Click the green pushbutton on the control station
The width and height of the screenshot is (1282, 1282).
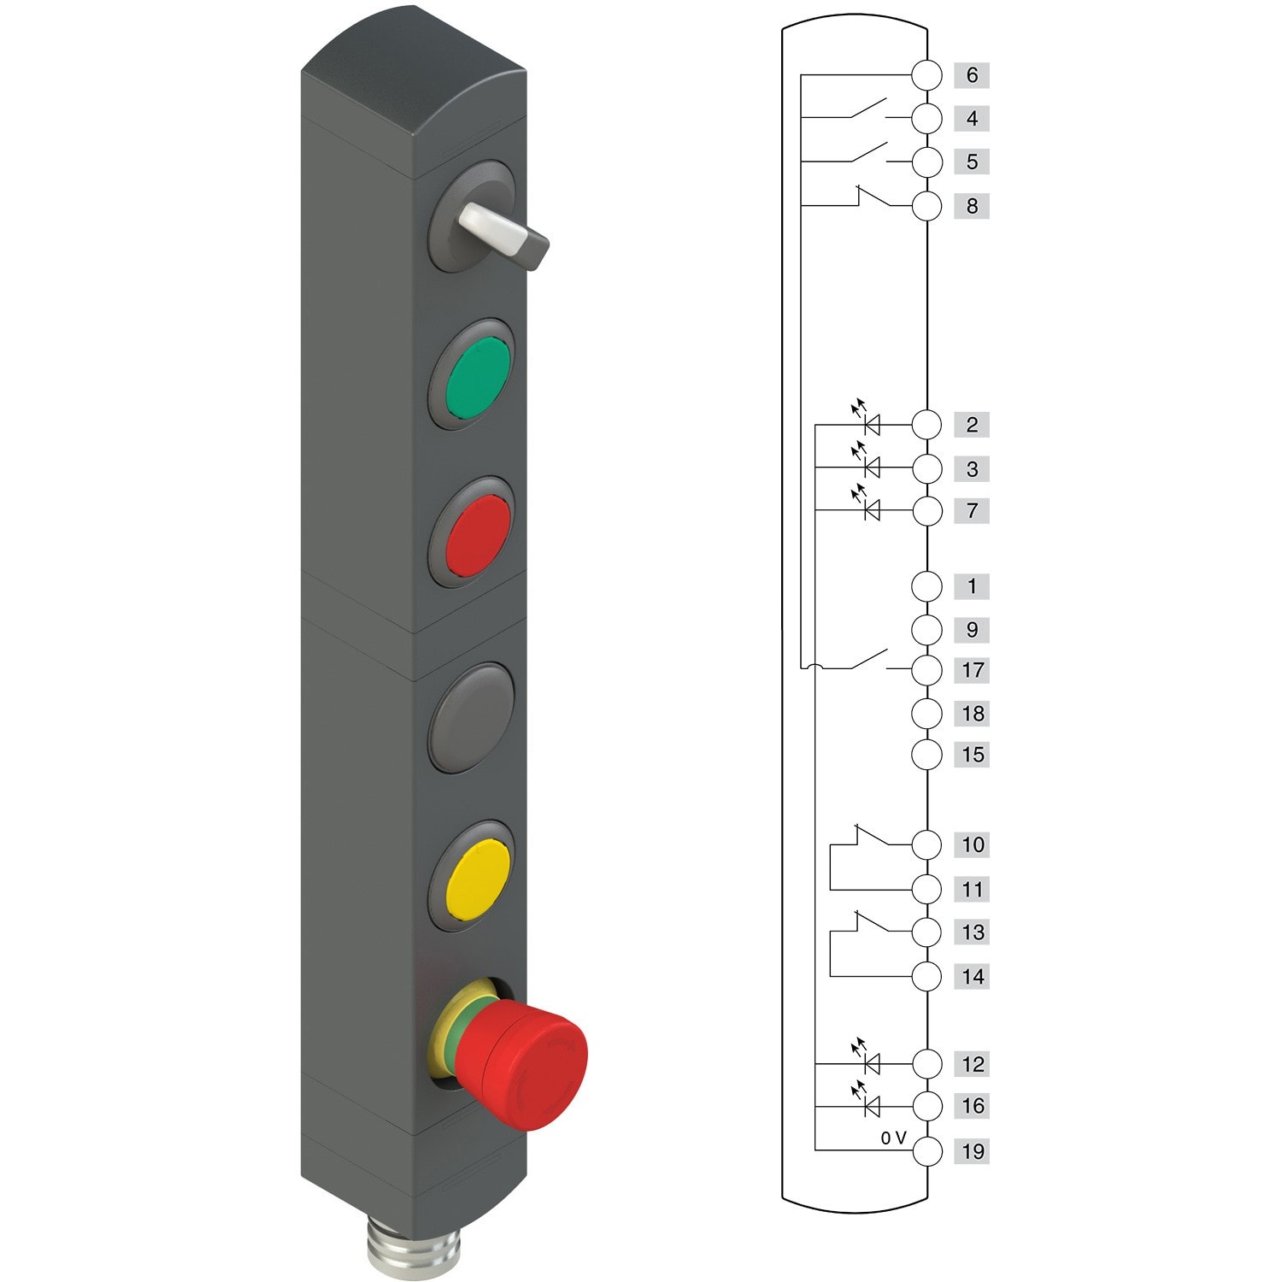click(x=477, y=376)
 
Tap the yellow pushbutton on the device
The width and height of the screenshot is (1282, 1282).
click(x=477, y=879)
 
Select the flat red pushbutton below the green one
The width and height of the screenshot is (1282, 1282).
click(x=477, y=534)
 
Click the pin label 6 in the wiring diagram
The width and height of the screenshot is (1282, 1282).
click(x=971, y=75)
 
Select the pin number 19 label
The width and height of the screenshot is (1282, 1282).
click(x=973, y=1151)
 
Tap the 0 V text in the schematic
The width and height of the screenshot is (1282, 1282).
click(x=893, y=1138)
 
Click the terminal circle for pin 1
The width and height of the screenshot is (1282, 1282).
click(x=926, y=586)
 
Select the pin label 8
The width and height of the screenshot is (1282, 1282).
click(x=971, y=206)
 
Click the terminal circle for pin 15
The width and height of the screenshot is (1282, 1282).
click(x=926, y=755)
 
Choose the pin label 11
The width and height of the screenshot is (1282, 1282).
click(x=973, y=890)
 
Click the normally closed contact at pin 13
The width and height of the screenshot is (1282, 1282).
click(x=868, y=923)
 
